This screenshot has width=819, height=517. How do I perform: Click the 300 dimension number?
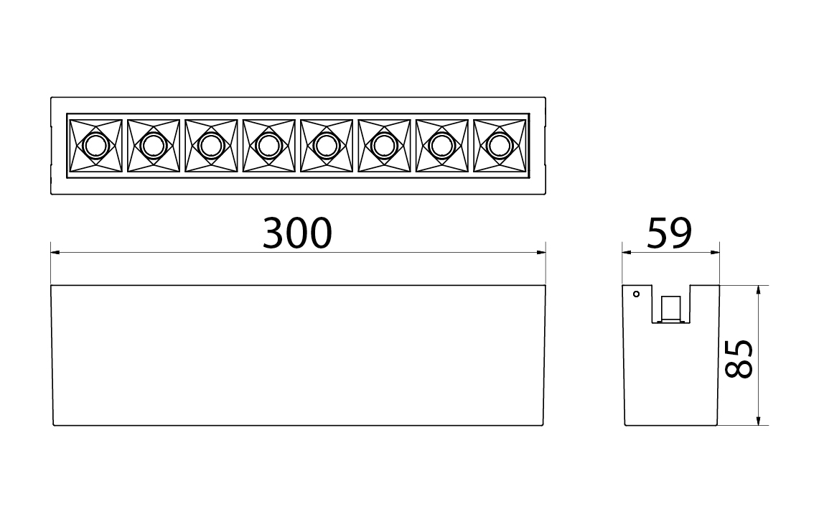point(297,232)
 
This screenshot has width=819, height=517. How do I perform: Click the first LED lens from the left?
point(93,146)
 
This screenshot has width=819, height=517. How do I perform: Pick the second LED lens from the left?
point(152,146)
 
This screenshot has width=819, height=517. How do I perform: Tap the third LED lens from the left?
point(210,146)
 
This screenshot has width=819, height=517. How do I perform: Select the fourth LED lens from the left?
point(268,146)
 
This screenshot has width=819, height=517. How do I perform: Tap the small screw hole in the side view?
point(635,293)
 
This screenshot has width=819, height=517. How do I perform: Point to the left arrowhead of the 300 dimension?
point(55,252)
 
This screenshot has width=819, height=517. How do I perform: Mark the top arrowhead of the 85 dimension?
point(759,289)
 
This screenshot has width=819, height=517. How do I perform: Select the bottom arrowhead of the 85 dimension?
point(759,421)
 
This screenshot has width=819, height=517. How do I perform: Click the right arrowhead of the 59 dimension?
point(715,252)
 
